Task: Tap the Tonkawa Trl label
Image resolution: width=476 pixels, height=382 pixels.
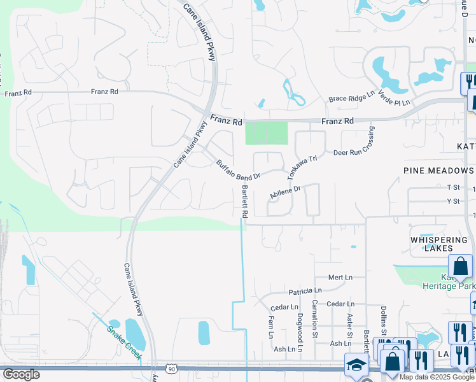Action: click(302, 167)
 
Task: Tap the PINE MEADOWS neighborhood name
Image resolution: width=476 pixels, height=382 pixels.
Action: click(438, 171)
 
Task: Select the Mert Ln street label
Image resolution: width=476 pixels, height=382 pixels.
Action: click(340, 278)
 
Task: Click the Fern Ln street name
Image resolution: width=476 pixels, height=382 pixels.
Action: click(272, 327)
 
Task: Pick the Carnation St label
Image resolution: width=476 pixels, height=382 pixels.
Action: click(315, 319)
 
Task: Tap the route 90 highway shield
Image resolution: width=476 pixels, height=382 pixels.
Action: click(172, 368)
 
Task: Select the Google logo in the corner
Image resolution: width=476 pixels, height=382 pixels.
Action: click(21, 374)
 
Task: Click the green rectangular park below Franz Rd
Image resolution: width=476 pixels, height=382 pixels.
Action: click(267, 133)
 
